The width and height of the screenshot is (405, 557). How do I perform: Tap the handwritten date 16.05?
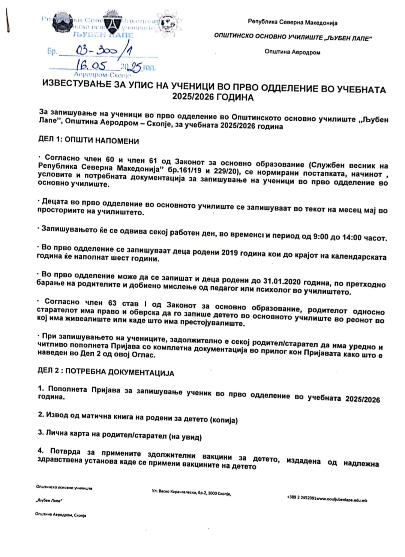pyautogui.click(x=91, y=66)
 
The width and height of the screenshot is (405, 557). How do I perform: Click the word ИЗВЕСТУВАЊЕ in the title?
pyautogui.click(x=77, y=83)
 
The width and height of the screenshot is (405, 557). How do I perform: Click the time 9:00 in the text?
pyautogui.click(x=321, y=237)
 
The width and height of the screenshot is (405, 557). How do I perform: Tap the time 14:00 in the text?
pyautogui.click(x=352, y=238)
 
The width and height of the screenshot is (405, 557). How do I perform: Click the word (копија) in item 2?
pyautogui.click(x=223, y=420)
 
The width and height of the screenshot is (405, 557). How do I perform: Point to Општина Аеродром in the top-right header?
pyautogui.click(x=292, y=52)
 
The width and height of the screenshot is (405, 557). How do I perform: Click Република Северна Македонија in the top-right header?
pyautogui.click(x=292, y=22)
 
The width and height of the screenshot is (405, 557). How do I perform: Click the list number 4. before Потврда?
pyautogui.click(x=40, y=451)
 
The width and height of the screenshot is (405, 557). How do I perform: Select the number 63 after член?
pyautogui.click(x=112, y=302)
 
